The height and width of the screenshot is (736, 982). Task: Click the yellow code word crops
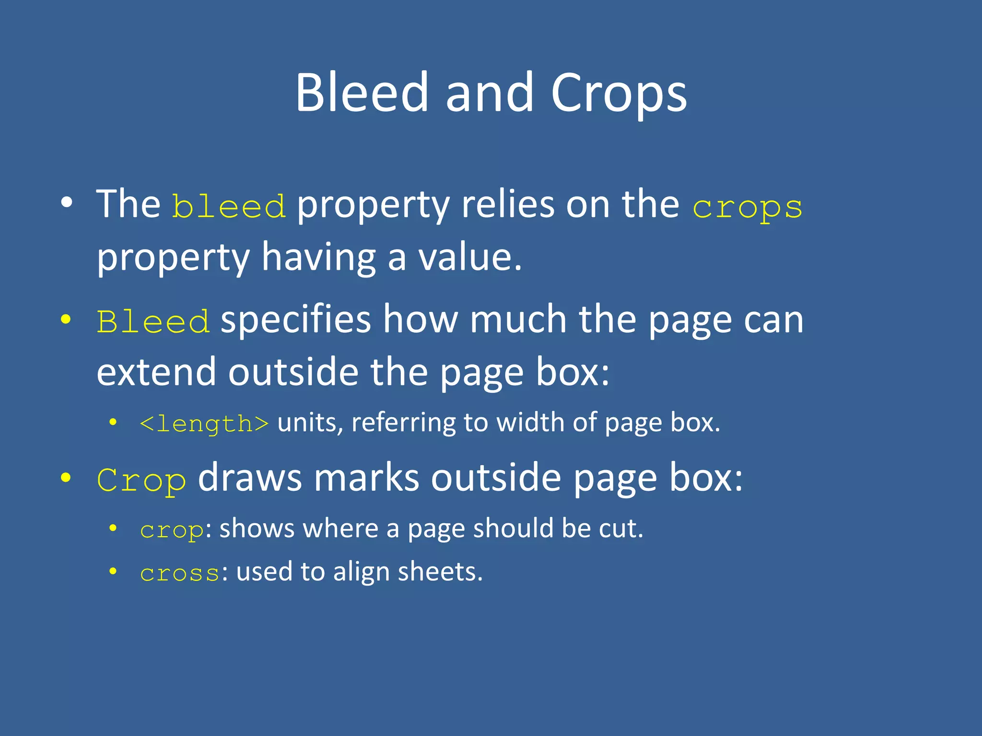[747, 207]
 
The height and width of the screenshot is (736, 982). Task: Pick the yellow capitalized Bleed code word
[153, 322]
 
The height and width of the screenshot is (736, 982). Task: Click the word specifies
[296, 320]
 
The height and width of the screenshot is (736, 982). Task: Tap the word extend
[156, 372]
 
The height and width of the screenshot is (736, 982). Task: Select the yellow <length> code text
[204, 424]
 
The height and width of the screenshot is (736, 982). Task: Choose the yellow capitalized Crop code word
[141, 480]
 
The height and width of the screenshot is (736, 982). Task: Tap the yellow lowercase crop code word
[172, 530]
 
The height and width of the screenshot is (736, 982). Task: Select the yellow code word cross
[180, 573]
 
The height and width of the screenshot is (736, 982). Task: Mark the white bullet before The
[67, 203]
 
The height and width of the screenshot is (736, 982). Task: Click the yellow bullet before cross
[113, 571]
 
